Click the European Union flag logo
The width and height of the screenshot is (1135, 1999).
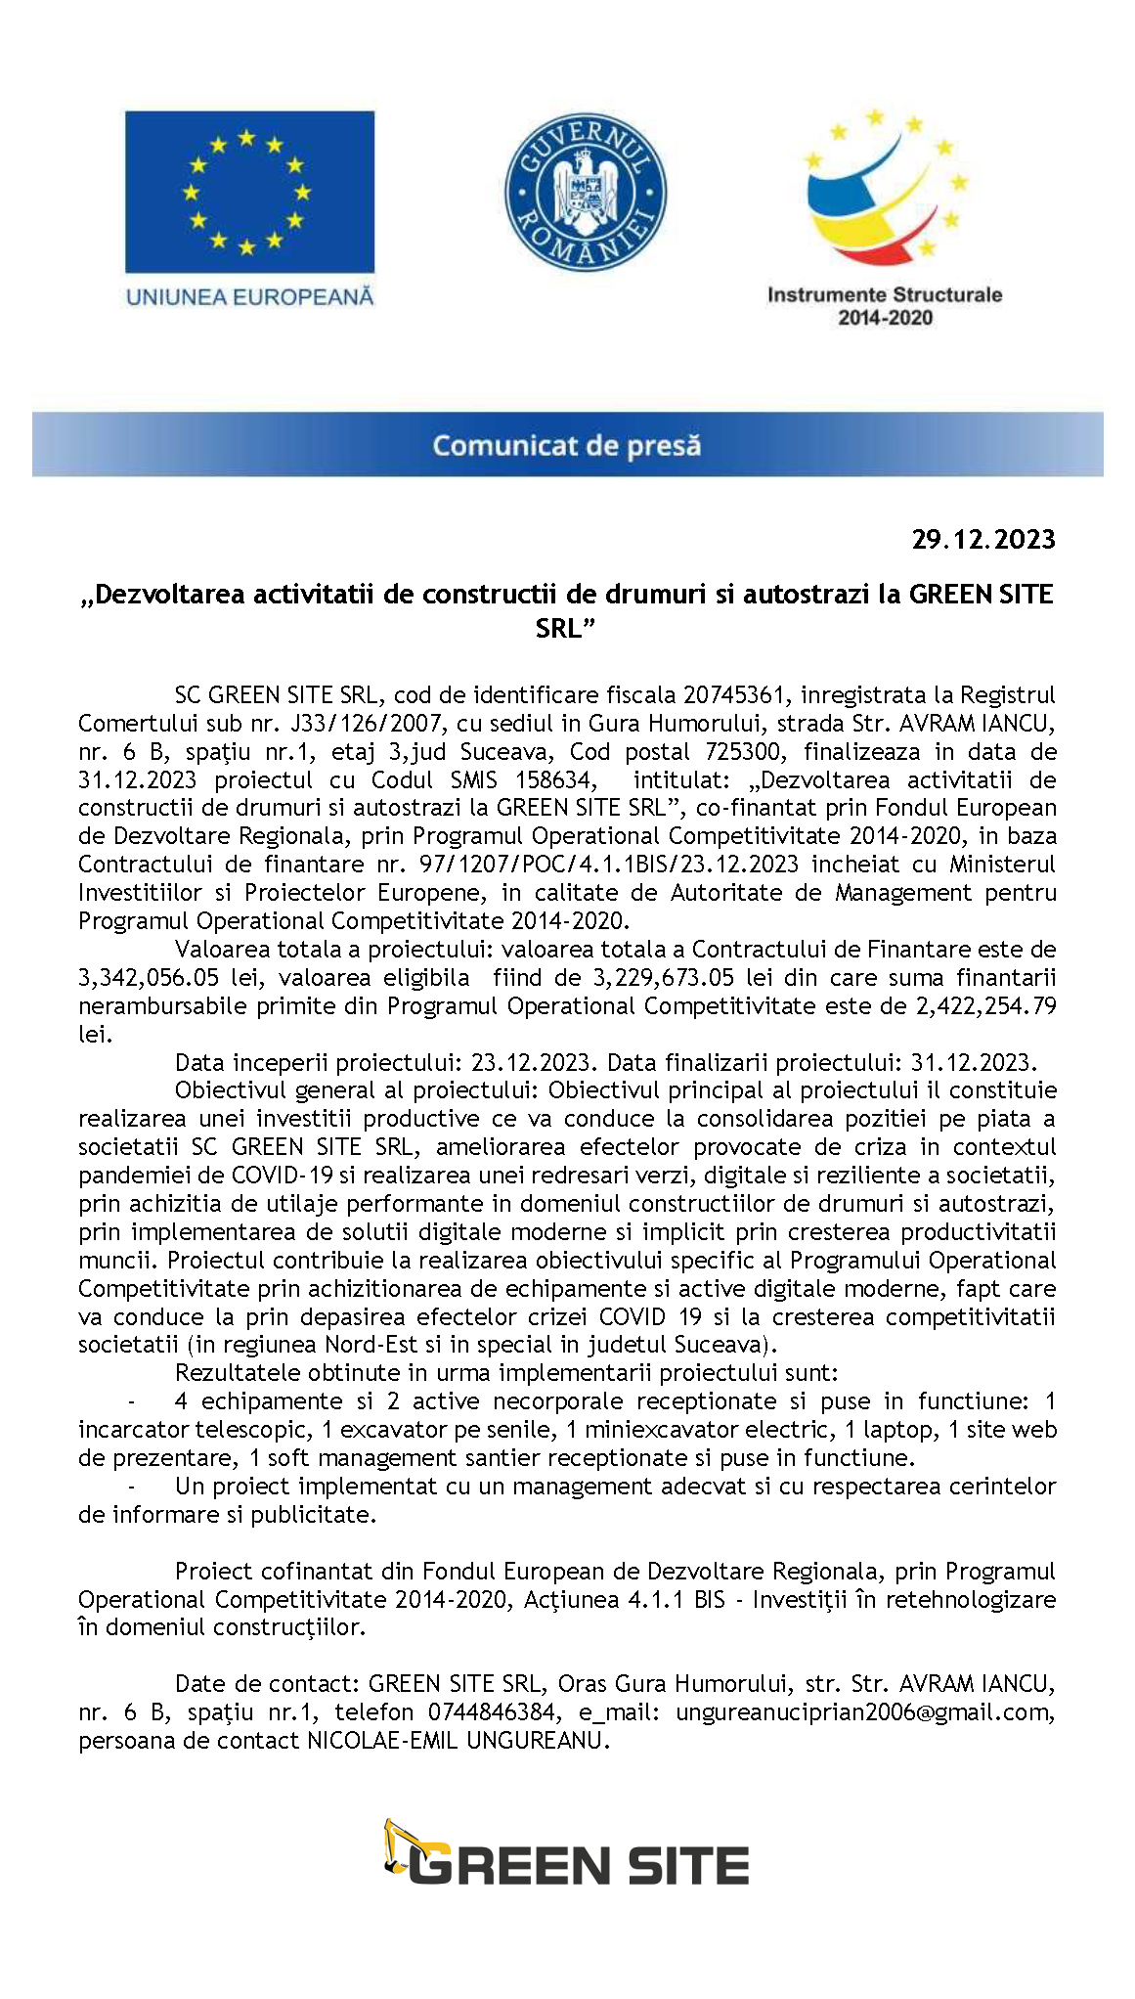(249, 192)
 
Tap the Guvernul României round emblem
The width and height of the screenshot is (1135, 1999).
(585, 193)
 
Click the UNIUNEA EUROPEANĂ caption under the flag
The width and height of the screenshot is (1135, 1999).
(249, 295)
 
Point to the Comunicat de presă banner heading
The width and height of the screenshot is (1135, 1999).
(567, 446)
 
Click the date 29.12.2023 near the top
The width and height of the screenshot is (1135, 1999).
(983, 539)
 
